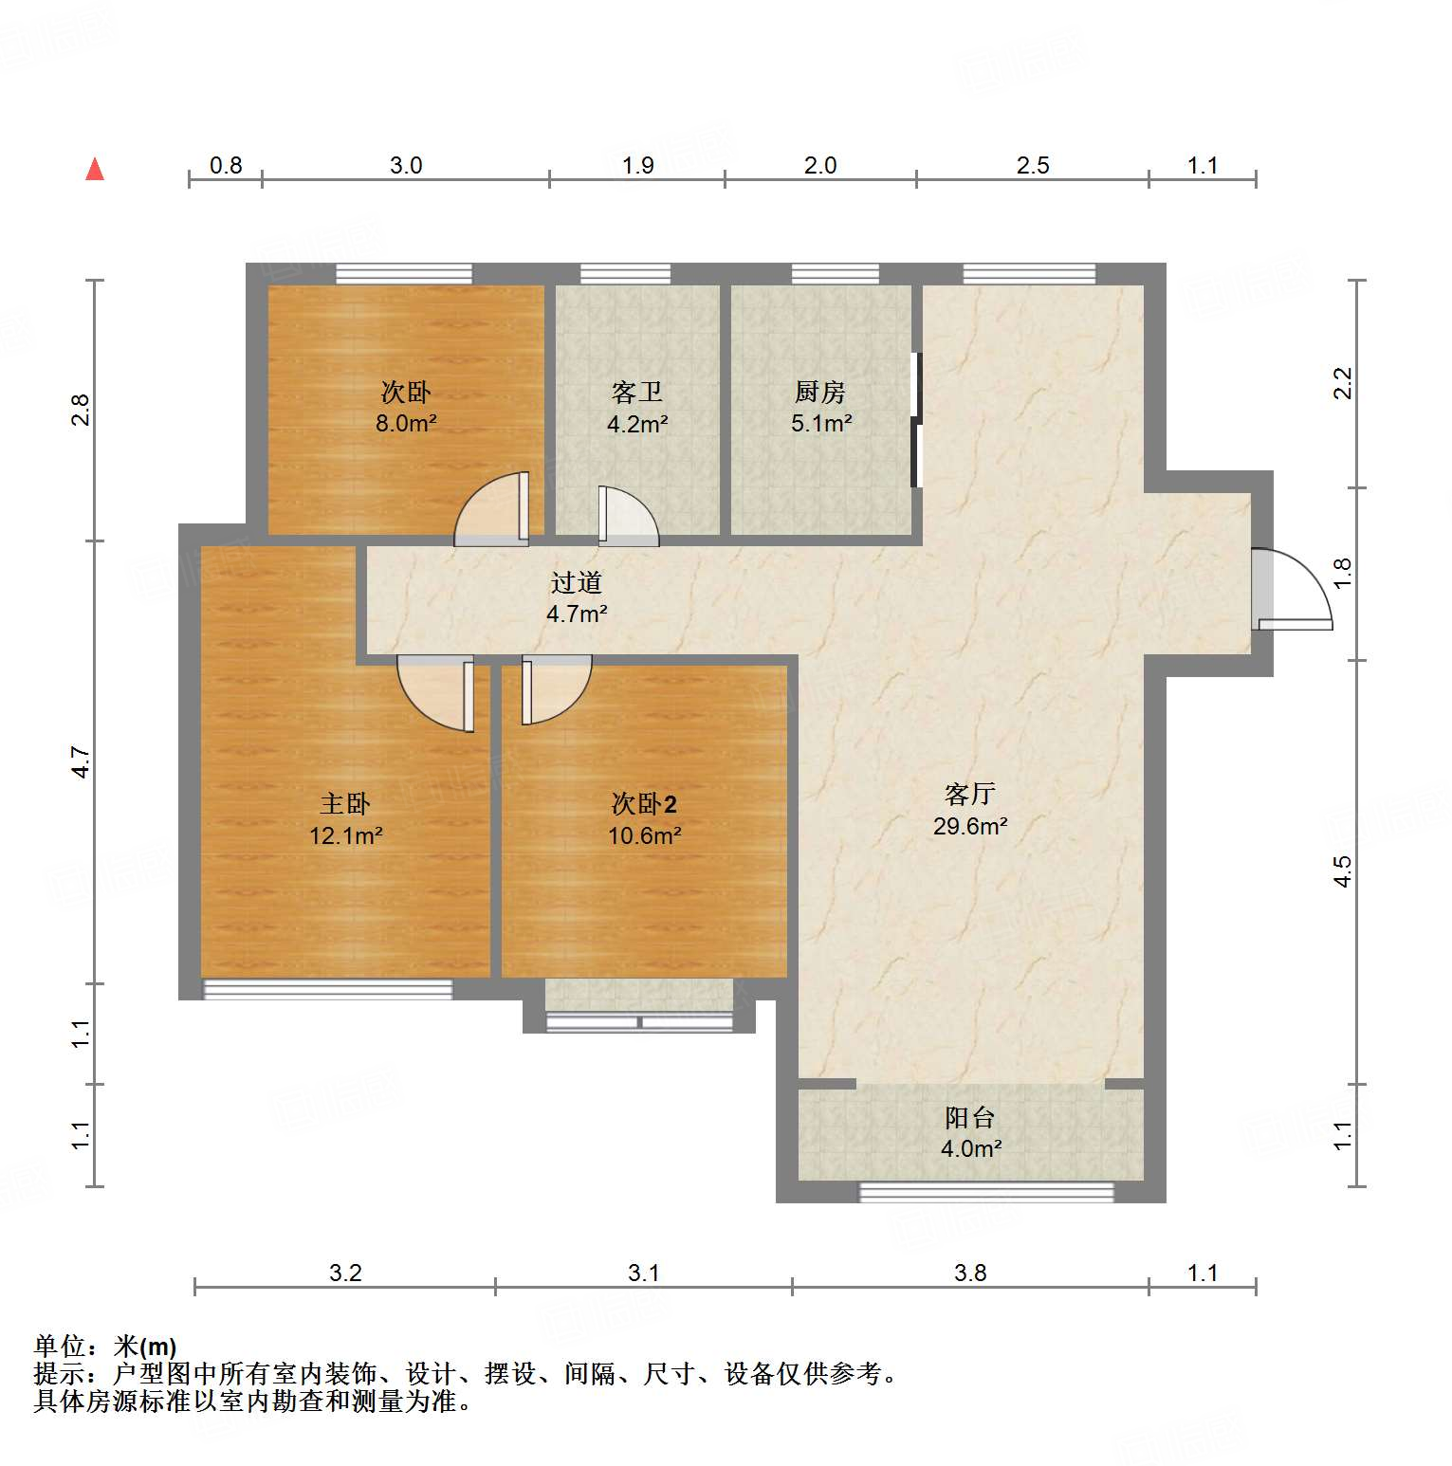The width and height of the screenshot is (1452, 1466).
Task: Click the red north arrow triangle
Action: click(x=95, y=170)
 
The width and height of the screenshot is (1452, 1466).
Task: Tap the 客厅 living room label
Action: click(x=969, y=794)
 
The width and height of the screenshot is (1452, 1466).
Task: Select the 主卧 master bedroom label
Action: click(x=345, y=804)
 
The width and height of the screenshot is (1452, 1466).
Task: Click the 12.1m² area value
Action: click(x=345, y=836)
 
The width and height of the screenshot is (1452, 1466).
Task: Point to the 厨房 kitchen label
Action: click(x=820, y=392)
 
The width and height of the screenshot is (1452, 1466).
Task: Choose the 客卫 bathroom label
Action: click(x=636, y=392)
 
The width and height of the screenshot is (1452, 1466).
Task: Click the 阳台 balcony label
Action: click(x=969, y=1118)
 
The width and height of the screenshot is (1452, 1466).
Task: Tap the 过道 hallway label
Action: click(x=576, y=582)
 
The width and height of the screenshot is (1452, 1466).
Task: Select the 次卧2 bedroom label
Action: click(x=644, y=804)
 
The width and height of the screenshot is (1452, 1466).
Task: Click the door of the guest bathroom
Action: click(x=627, y=517)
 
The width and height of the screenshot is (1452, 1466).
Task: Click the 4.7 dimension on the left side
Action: click(x=82, y=762)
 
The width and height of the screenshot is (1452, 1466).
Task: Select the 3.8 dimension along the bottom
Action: click(x=969, y=1273)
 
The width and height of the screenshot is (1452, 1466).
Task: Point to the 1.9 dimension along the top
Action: click(x=637, y=166)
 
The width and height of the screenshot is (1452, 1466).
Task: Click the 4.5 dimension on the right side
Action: click(x=1342, y=871)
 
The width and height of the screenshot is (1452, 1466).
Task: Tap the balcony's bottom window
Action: click(x=985, y=1192)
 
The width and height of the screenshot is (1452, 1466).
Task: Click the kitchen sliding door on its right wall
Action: click(x=916, y=419)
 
